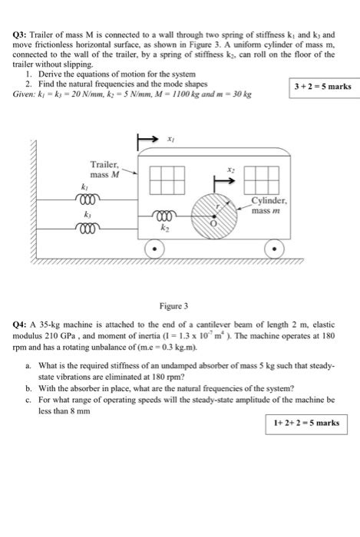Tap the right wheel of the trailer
point(273,249)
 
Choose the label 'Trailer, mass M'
point(104,169)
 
